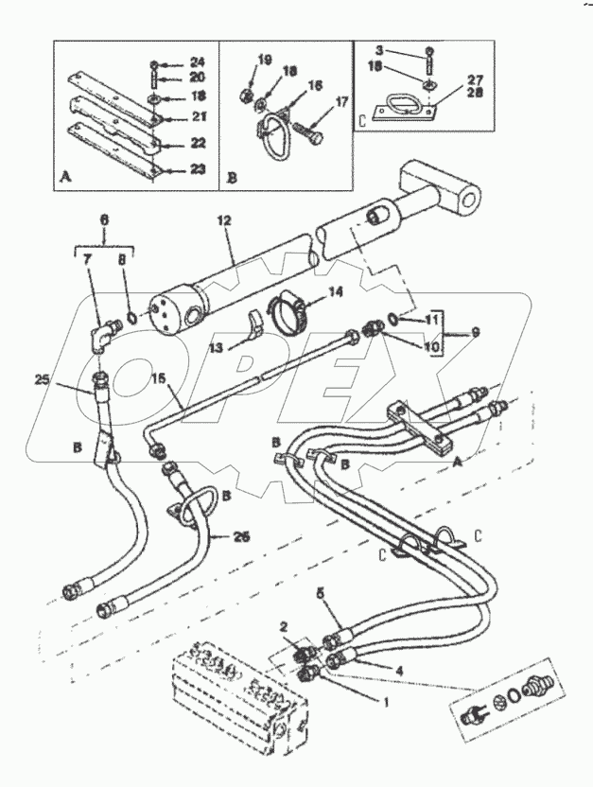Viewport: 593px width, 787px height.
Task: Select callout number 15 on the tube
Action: point(159,379)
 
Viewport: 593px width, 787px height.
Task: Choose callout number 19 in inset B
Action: point(265,60)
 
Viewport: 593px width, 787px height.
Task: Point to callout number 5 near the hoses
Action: point(321,592)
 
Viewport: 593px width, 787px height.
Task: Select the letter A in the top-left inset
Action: point(63,177)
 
